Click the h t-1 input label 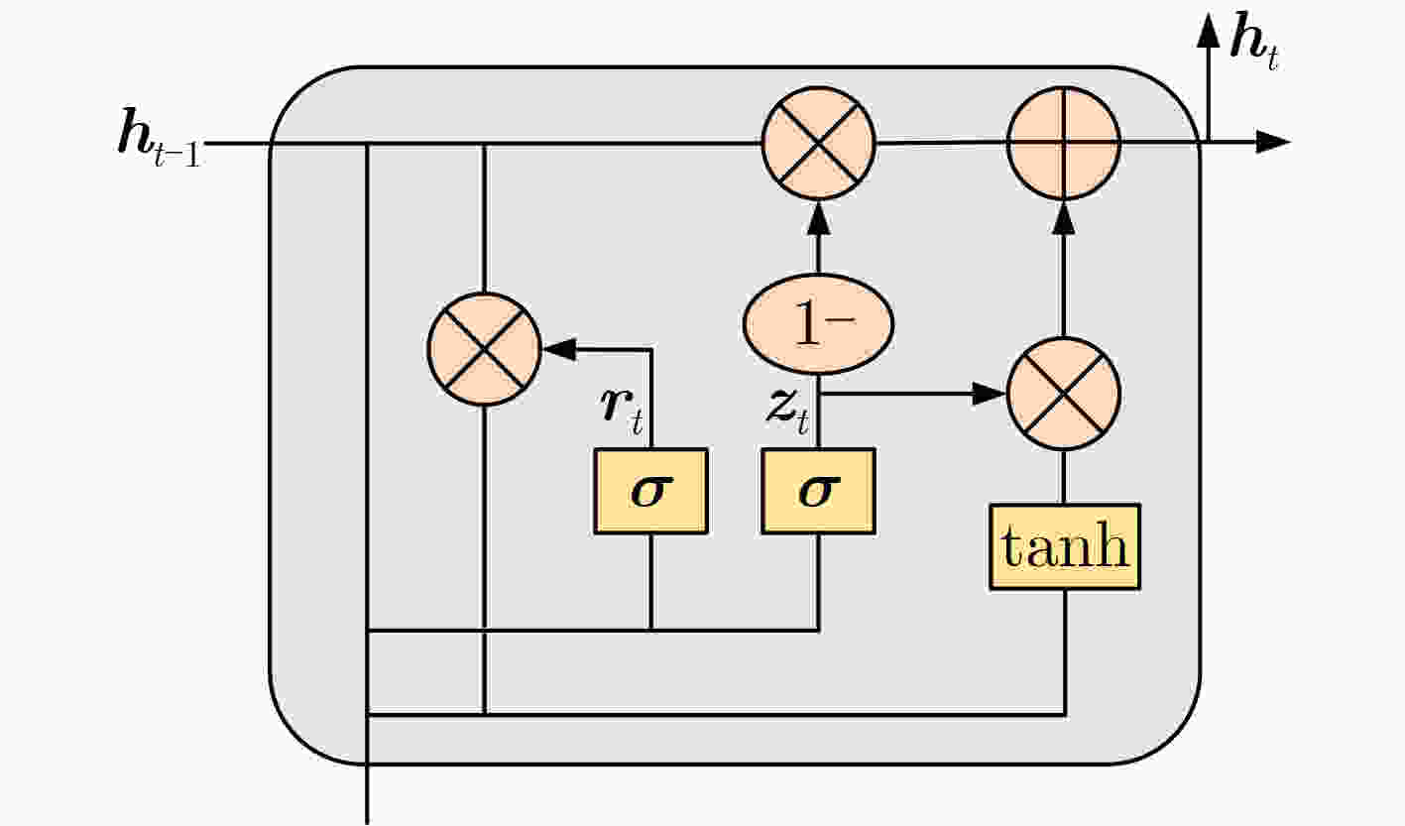pyautogui.click(x=160, y=138)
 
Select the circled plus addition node pyautogui.click(x=1064, y=144)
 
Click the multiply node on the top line pyautogui.click(x=819, y=144)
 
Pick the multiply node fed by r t pyautogui.click(x=484, y=349)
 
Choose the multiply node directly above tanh pyautogui.click(x=1064, y=394)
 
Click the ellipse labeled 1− pyautogui.click(x=819, y=324)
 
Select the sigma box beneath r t pyautogui.click(x=651, y=491)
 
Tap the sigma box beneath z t pyautogui.click(x=819, y=491)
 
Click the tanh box pyautogui.click(x=1065, y=547)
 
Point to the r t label pyautogui.click(x=622, y=411)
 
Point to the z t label pyautogui.click(x=788, y=412)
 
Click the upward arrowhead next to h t pyautogui.click(x=1208, y=30)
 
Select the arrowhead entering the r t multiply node pyautogui.click(x=559, y=349)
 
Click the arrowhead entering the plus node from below pyautogui.click(x=1064, y=217)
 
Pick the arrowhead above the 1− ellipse pyautogui.click(x=819, y=217)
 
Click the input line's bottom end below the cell pyautogui.click(x=367, y=823)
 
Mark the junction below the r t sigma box pyautogui.click(x=651, y=630)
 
